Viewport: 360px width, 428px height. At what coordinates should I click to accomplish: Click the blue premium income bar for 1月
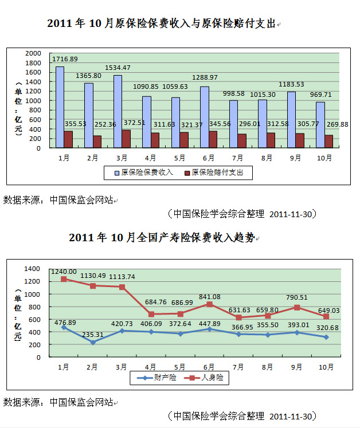[60, 107]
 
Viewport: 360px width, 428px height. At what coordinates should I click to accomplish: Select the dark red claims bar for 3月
[126, 139]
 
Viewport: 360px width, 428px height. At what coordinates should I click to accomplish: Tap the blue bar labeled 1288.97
[204, 117]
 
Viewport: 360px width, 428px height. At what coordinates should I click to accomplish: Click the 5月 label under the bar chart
[179, 158]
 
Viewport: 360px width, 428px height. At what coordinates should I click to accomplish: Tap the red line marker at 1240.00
[64, 279]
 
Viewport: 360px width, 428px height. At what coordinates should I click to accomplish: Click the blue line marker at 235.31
[92, 342]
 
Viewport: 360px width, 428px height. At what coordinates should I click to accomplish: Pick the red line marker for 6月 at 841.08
[209, 304]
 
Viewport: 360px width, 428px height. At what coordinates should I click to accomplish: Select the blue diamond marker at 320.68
[325, 337]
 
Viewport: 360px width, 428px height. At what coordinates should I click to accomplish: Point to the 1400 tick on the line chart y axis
[33, 269]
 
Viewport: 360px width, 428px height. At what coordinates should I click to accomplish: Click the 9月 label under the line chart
[296, 367]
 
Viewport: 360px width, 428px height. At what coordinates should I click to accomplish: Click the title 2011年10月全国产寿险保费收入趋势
[162, 237]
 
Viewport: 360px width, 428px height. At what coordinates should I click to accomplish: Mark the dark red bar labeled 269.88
[329, 142]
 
